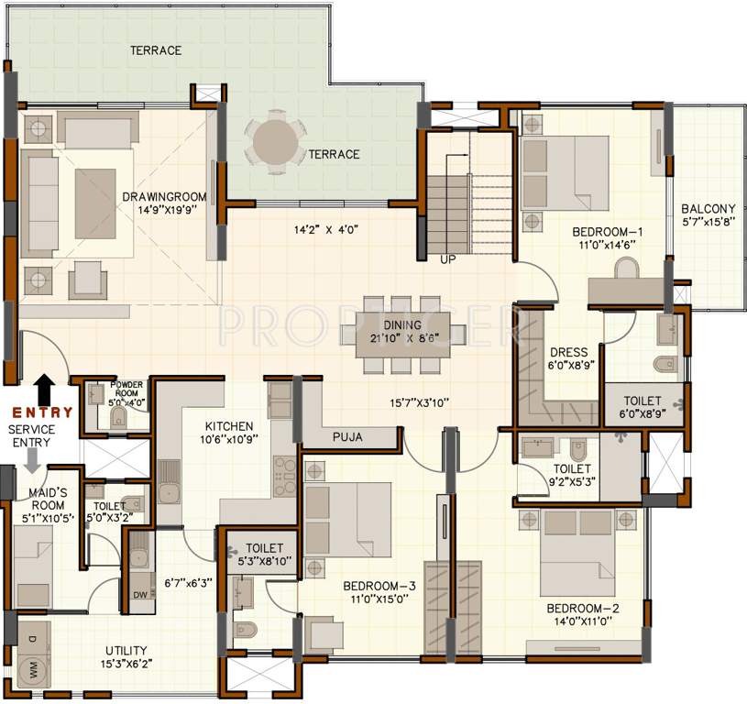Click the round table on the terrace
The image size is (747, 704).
[275, 142]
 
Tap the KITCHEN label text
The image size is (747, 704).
[229, 426]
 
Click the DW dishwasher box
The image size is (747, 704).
[140, 595]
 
